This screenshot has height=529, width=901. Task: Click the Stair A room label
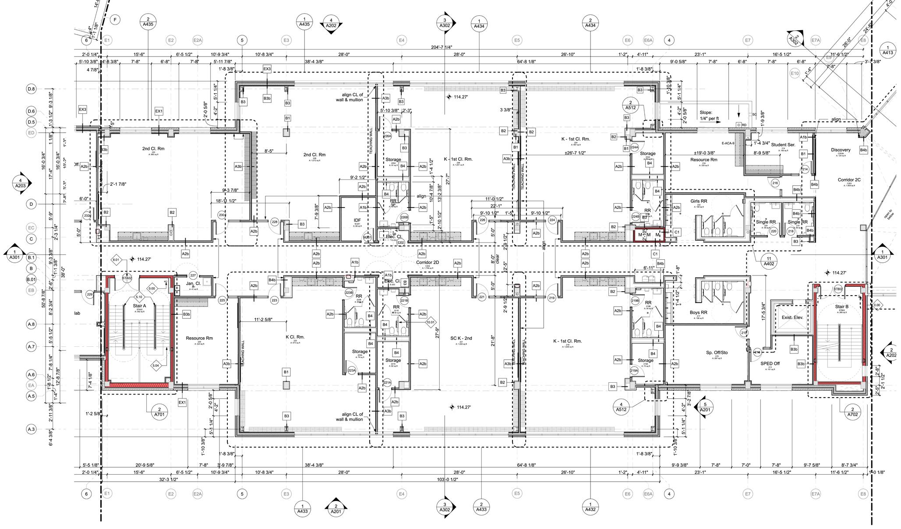click(x=139, y=306)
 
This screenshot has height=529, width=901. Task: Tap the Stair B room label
click(x=841, y=307)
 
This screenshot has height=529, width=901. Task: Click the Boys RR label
click(x=698, y=312)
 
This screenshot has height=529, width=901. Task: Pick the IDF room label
click(x=357, y=220)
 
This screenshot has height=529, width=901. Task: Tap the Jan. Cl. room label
click(x=193, y=283)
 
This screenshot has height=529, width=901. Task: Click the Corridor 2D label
click(x=428, y=262)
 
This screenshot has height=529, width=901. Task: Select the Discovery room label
click(x=841, y=150)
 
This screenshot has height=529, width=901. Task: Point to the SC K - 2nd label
click(x=461, y=338)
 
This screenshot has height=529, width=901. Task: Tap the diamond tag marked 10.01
click(x=431, y=322)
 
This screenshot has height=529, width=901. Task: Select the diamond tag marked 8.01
click(x=116, y=260)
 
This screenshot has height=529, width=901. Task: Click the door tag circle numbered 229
click(x=90, y=295)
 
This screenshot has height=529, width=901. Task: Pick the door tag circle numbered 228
click(x=275, y=222)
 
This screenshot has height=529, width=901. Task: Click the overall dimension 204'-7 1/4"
click(x=442, y=47)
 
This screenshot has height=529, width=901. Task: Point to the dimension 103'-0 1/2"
click(x=447, y=480)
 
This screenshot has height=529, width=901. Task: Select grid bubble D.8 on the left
click(x=31, y=89)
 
